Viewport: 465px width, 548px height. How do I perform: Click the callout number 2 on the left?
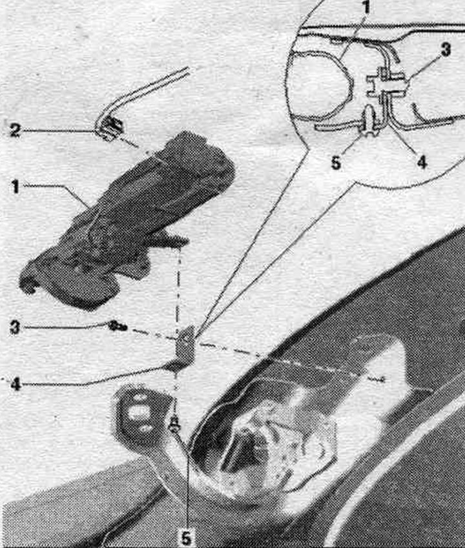pyautogui.click(x=14, y=131)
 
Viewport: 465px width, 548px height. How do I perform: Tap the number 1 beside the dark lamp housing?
pyautogui.click(x=15, y=187)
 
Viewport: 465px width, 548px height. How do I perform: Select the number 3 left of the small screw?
pyautogui.click(x=15, y=328)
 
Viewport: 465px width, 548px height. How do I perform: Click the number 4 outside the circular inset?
pyautogui.click(x=15, y=385)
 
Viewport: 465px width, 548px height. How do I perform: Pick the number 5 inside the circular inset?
pyautogui.click(x=336, y=163)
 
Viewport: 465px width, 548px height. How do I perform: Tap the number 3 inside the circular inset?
pyautogui.click(x=446, y=50)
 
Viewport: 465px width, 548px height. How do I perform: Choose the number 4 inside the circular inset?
pyautogui.click(x=422, y=162)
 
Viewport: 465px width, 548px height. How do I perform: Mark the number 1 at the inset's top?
pyautogui.click(x=366, y=8)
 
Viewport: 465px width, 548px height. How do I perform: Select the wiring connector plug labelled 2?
pyautogui.click(x=112, y=129)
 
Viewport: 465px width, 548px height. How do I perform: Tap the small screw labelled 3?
pyautogui.click(x=118, y=327)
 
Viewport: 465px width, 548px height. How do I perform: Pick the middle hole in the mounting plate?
pyautogui.click(x=138, y=412)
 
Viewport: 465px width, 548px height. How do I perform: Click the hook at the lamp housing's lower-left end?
pyautogui.click(x=28, y=281)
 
